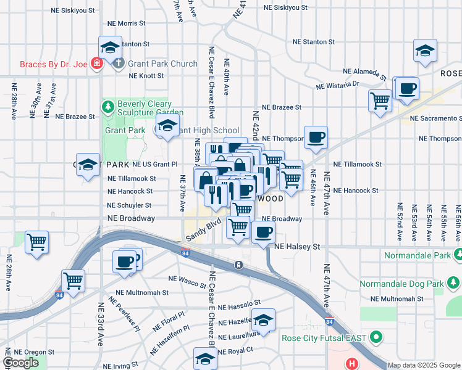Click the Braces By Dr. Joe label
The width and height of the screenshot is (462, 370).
[54, 64]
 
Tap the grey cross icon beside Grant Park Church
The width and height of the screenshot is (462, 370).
[119, 64]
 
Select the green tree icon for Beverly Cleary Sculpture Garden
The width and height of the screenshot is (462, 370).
[109, 107]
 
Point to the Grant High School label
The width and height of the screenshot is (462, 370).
[208, 130]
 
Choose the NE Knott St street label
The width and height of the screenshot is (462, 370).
[146, 76]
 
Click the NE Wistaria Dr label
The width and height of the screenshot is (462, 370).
[337, 84]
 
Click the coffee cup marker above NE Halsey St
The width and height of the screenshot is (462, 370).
[264, 232]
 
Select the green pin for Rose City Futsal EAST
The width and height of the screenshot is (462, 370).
[375, 338]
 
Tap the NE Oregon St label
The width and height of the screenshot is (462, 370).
[26, 352]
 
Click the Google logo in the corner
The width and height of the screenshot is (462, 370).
[20, 363]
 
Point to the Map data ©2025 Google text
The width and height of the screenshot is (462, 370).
[424, 365]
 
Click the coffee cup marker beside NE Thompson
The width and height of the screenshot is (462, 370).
[316, 137]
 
